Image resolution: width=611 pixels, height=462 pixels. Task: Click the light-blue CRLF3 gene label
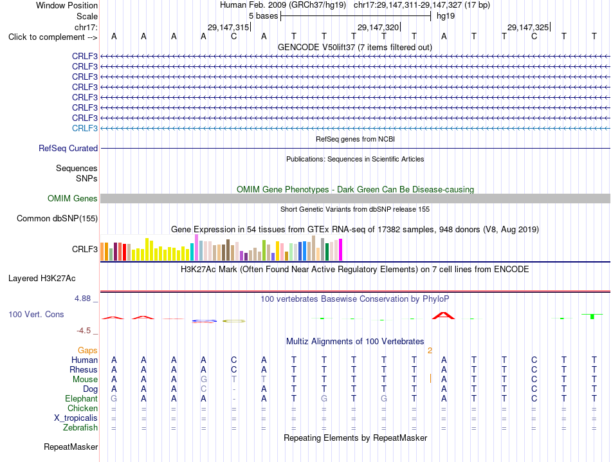click(x=84, y=128)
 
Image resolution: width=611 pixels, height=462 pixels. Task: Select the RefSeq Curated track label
click(x=68, y=148)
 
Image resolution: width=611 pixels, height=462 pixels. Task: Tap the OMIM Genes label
click(x=73, y=198)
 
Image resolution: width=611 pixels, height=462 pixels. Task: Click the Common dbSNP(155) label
click(x=57, y=218)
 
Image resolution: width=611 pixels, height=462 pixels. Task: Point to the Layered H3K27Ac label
click(x=42, y=279)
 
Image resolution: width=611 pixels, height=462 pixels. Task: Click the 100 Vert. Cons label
click(x=36, y=314)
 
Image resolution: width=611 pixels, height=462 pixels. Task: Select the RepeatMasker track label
click(x=71, y=447)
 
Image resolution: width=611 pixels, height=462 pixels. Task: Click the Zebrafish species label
click(x=80, y=428)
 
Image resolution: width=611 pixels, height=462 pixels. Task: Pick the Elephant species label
click(x=82, y=398)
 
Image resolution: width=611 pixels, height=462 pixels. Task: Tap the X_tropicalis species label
click(x=76, y=418)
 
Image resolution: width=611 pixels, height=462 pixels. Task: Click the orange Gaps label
click(x=87, y=351)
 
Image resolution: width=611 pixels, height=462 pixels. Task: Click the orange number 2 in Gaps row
click(x=430, y=351)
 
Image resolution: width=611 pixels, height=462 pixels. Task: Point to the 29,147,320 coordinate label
click(x=378, y=27)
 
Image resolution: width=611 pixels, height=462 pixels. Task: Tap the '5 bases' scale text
click(x=264, y=16)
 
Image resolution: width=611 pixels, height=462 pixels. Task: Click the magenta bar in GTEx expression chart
click(x=341, y=250)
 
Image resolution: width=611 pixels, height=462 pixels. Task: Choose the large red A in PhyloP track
click(x=443, y=315)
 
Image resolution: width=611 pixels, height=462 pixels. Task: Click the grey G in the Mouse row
click(x=203, y=380)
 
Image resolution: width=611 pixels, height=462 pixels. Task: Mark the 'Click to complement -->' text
click(x=53, y=37)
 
